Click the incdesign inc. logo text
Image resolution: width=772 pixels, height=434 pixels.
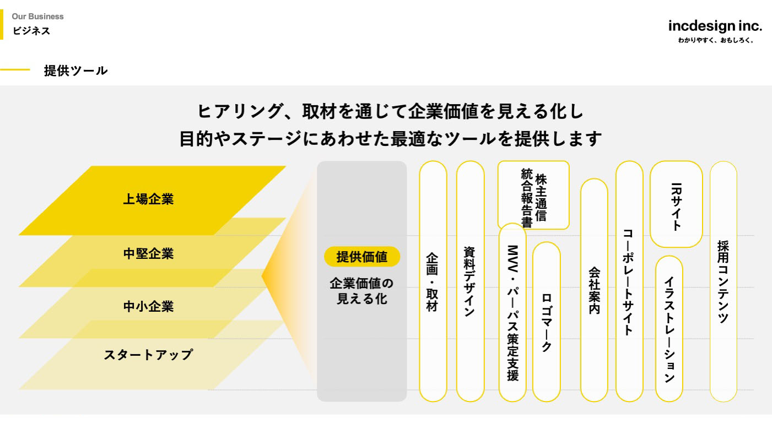(x=715, y=25)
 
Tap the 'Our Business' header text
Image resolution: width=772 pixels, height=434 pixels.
(x=37, y=17)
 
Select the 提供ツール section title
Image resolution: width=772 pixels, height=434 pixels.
(x=75, y=70)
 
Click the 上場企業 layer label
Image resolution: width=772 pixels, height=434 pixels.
(x=148, y=199)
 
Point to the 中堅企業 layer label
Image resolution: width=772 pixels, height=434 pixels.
(x=148, y=254)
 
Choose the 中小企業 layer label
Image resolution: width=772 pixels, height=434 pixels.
(x=148, y=306)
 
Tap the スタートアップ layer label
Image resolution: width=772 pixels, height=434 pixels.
(x=148, y=355)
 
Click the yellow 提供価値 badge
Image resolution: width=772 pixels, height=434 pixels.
(x=361, y=257)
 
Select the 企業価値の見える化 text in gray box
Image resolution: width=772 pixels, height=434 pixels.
(x=361, y=291)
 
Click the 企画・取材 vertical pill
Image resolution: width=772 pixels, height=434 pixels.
(x=433, y=281)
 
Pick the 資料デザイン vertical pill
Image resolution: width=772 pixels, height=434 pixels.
(x=470, y=281)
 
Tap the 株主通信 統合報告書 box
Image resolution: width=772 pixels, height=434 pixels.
(x=533, y=195)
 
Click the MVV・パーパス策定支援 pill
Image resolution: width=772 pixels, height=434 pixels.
(x=512, y=312)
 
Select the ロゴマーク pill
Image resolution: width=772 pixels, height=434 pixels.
(x=547, y=322)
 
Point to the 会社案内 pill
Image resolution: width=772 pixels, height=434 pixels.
(x=594, y=290)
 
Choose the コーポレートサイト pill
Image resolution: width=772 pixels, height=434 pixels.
(x=629, y=281)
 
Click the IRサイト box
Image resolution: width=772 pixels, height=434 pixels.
(x=676, y=204)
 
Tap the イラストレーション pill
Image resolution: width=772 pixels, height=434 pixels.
(x=669, y=329)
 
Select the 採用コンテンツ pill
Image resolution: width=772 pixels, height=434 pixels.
(x=723, y=281)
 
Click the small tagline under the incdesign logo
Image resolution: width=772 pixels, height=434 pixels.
(x=715, y=40)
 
